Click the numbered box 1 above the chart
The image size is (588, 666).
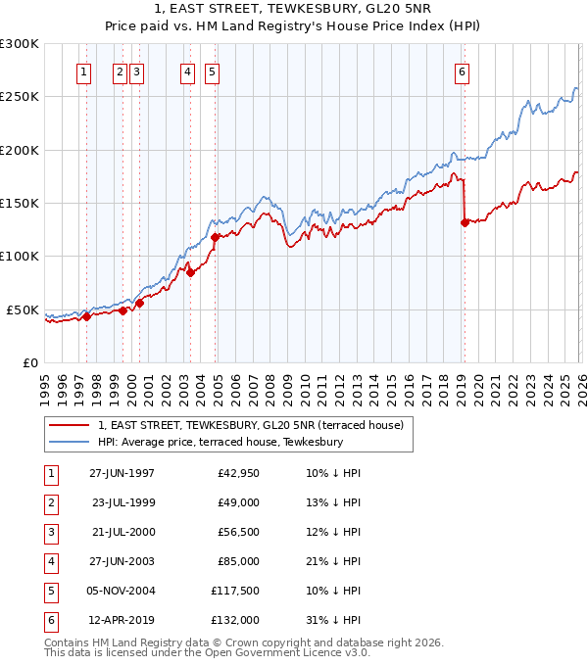(x=83, y=71)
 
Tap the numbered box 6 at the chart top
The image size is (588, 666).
(x=461, y=71)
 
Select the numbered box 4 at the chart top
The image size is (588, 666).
(x=186, y=71)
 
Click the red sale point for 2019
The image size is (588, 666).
(x=464, y=222)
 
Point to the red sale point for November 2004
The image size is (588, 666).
(x=215, y=237)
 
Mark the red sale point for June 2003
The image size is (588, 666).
(x=191, y=272)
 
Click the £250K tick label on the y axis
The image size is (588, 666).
(x=20, y=97)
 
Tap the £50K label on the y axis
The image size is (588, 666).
(x=23, y=309)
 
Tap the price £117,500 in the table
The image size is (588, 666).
(x=235, y=591)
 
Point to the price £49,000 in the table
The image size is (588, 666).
(x=239, y=502)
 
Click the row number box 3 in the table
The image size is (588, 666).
(x=49, y=532)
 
